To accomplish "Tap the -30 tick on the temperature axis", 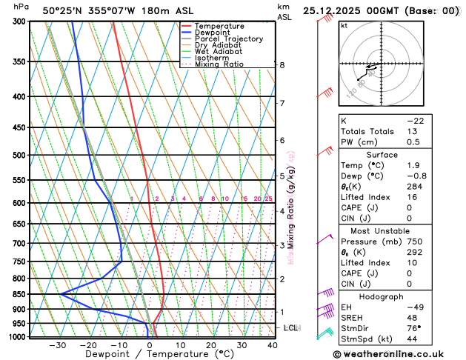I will [x=57, y=345].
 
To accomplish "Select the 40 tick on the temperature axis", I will [x=273, y=345].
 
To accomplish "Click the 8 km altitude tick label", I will [x=282, y=65].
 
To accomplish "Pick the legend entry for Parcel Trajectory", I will [x=228, y=39].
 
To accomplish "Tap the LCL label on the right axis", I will [x=291, y=327].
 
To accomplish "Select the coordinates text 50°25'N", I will [x=62, y=10].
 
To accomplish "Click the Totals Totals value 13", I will [x=412, y=131].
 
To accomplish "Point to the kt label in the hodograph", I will [x=344, y=25].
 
